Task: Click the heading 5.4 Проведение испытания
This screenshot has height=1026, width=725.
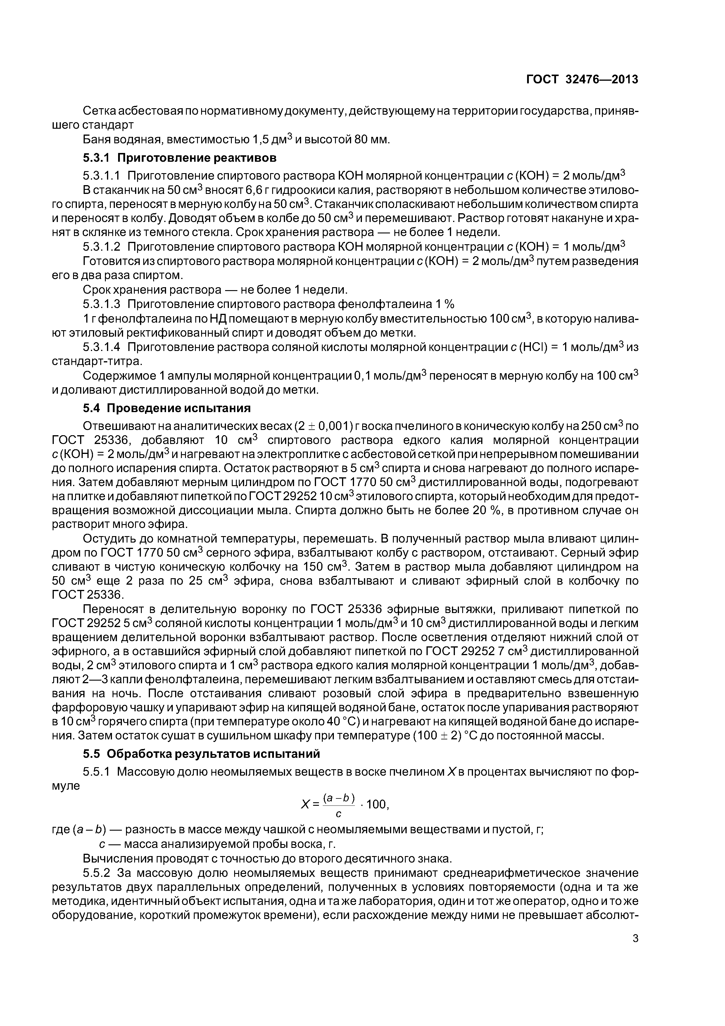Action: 167,408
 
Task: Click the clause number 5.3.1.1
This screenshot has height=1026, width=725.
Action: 102,175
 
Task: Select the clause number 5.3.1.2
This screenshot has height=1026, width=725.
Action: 102,247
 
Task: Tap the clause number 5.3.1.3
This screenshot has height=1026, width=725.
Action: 102,304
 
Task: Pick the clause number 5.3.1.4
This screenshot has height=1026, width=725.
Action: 102,347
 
